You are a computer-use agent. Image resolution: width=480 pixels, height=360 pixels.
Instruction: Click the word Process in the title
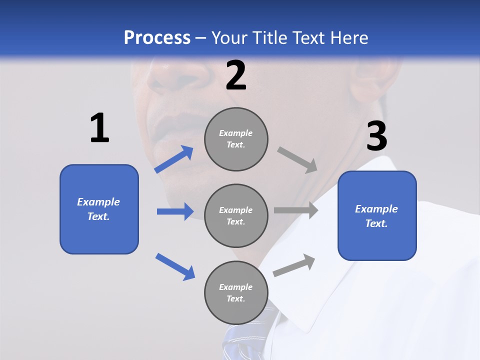[157, 38]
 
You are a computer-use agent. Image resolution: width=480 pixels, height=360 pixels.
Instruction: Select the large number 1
[99, 128]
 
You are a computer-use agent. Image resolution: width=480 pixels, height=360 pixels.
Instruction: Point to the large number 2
[236, 76]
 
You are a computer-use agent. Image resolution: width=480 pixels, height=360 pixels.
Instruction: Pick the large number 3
[376, 136]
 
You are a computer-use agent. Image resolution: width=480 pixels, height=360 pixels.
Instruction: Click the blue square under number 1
[99, 209]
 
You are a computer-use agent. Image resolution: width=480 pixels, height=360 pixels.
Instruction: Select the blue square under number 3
[377, 216]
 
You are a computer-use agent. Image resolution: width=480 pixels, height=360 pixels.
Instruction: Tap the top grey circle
[236, 139]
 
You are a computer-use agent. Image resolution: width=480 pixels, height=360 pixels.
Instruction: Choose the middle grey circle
[236, 215]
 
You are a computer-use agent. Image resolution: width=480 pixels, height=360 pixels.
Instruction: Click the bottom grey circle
[236, 292]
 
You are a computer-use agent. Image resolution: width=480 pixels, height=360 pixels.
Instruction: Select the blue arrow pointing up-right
[174, 159]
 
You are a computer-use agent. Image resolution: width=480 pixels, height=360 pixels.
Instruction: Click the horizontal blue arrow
[175, 211]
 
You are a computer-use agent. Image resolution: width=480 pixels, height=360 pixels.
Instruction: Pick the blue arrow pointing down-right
[175, 266]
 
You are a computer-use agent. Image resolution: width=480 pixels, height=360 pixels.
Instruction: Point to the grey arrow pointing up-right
[294, 265]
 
